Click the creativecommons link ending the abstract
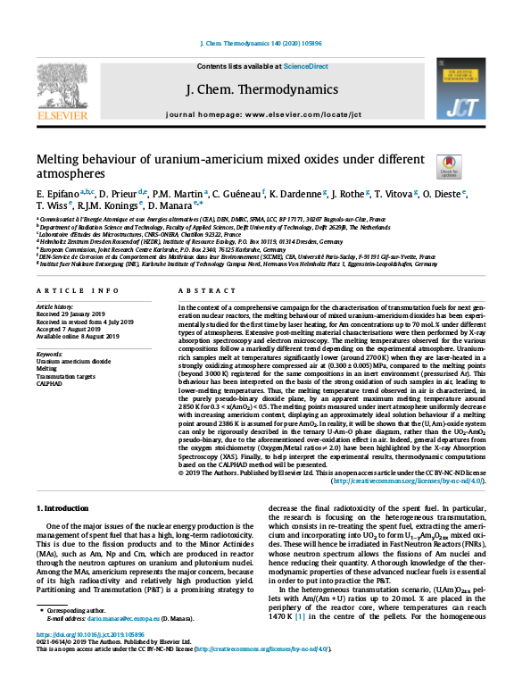click(x=405, y=481)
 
